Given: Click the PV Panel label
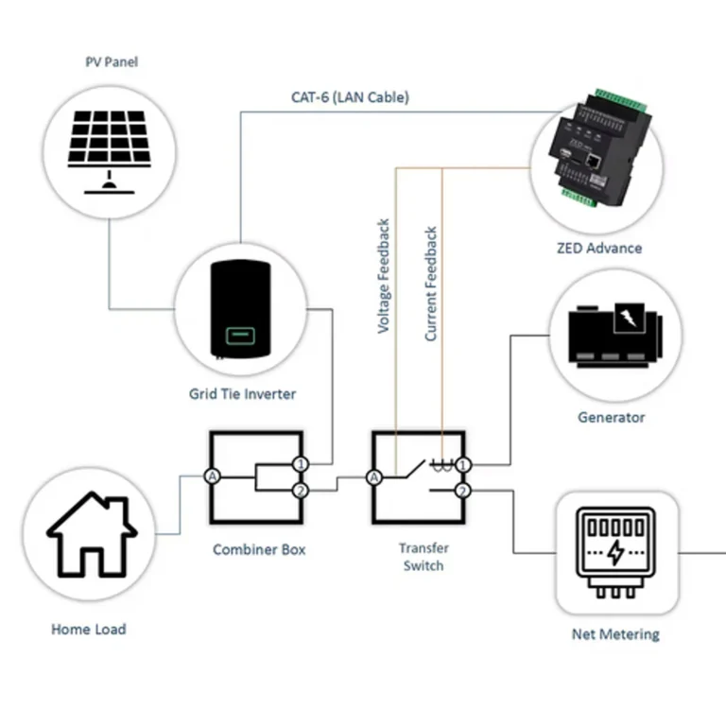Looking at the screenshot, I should [x=112, y=62].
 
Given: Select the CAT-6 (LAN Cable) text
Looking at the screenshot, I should [x=350, y=97].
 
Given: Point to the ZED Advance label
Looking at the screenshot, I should [x=598, y=249].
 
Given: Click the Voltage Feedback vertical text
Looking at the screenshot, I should [x=384, y=276].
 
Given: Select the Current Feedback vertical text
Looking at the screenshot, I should [x=431, y=284].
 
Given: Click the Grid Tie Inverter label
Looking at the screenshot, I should [x=242, y=394].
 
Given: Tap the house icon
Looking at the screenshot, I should [x=92, y=536].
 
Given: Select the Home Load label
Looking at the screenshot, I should [x=88, y=629].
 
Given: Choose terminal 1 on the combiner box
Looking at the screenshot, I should [x=300, y=464].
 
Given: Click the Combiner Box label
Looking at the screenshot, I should [x=259, y=549].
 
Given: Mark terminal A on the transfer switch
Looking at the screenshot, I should [x=374, y=477].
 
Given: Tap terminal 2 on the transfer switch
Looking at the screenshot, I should [x=462, y=491].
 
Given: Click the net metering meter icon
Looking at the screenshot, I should [x=615, y=552].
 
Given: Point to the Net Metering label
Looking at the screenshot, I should [x=616, y=634].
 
